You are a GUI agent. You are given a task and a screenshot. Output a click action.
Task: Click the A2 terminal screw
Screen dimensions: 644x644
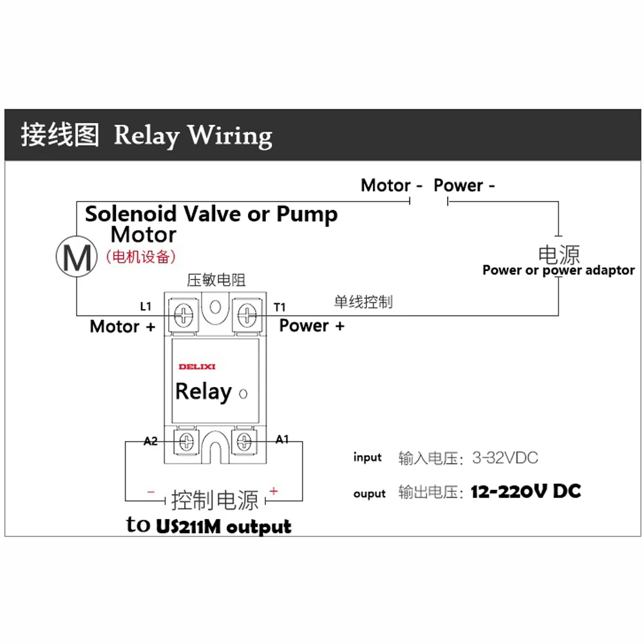(x=186, y=442)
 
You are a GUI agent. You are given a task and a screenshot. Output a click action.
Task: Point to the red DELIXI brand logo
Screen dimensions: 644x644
(x=197, y=367)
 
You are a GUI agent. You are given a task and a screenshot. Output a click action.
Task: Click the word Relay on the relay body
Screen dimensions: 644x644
(x=203, y=392)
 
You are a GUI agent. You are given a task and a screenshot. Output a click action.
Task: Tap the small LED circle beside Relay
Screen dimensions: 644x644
(x=243, y=393)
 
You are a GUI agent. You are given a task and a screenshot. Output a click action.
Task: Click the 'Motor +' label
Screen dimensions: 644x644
(x=122, y=327)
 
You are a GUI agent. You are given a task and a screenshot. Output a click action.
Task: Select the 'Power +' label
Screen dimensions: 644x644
(x=312, y=326)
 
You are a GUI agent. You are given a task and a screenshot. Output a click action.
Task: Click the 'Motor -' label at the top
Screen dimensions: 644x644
(x=392, y=185)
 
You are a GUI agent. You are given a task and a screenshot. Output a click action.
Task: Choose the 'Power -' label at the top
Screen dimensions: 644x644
(x=464, y=185)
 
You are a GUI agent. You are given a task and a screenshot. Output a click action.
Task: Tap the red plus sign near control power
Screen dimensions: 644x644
(x=274, y=491)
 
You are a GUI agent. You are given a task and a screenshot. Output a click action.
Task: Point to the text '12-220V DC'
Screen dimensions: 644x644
(x=526, y=492)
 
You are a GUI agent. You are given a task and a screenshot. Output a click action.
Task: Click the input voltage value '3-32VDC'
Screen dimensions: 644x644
(x=505, y=459)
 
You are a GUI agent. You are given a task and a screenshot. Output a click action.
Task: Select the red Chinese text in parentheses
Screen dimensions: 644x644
(x=140, y=256)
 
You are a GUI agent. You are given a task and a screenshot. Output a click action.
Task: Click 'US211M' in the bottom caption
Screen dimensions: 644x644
(x=187, y=526)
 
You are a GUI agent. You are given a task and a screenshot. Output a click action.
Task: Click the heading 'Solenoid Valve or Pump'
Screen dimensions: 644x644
(x=211, y=214)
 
